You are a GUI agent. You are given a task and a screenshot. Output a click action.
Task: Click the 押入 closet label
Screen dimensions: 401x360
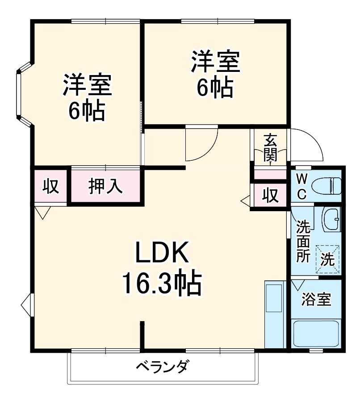tap(106, 186)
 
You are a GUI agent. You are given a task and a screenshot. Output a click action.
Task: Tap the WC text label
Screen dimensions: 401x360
tap(302, 186)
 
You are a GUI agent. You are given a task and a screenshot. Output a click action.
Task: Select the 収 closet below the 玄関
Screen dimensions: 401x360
tap(270, 195)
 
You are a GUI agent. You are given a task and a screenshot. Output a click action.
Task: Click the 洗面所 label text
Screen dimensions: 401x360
tap(304, 242)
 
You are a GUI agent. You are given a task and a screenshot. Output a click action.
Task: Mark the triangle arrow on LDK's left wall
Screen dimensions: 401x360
tap(26, 305)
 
